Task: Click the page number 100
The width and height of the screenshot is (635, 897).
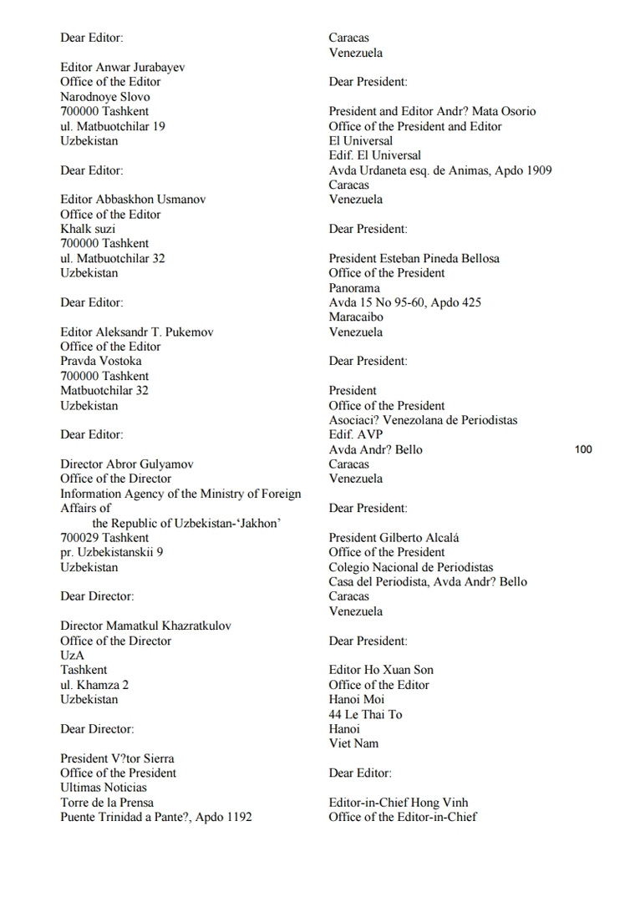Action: (583, 449)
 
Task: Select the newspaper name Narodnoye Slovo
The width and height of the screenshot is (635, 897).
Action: (105, 97)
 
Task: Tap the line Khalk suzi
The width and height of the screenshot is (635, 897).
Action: (88, 229)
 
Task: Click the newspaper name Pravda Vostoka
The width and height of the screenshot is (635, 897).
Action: (100, 361)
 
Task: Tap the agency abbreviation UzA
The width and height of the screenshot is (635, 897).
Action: (72, 655)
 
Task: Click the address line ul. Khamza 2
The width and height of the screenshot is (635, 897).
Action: (94, 685)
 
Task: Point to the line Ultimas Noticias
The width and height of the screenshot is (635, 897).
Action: (104, 788)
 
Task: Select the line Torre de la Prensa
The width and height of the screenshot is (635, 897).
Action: (107, 803)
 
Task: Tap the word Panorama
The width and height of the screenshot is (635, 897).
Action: (354, 288)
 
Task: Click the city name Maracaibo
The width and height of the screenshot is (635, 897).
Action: (356, 317)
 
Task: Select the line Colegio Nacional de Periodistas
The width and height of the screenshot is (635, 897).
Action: (411, 567)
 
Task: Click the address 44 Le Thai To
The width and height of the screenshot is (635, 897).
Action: (365, 714)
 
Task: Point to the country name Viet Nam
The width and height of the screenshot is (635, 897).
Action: (353, 743)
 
